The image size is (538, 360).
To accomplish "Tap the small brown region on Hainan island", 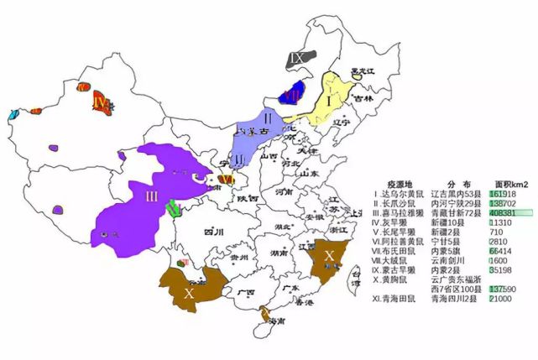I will pyautogui.click(x=264, y=316).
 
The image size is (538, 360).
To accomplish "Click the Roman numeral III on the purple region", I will pyautogui.click(x=151, y=196).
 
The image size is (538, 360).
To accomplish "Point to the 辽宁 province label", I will pyautogui.click(x=341, y=123).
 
